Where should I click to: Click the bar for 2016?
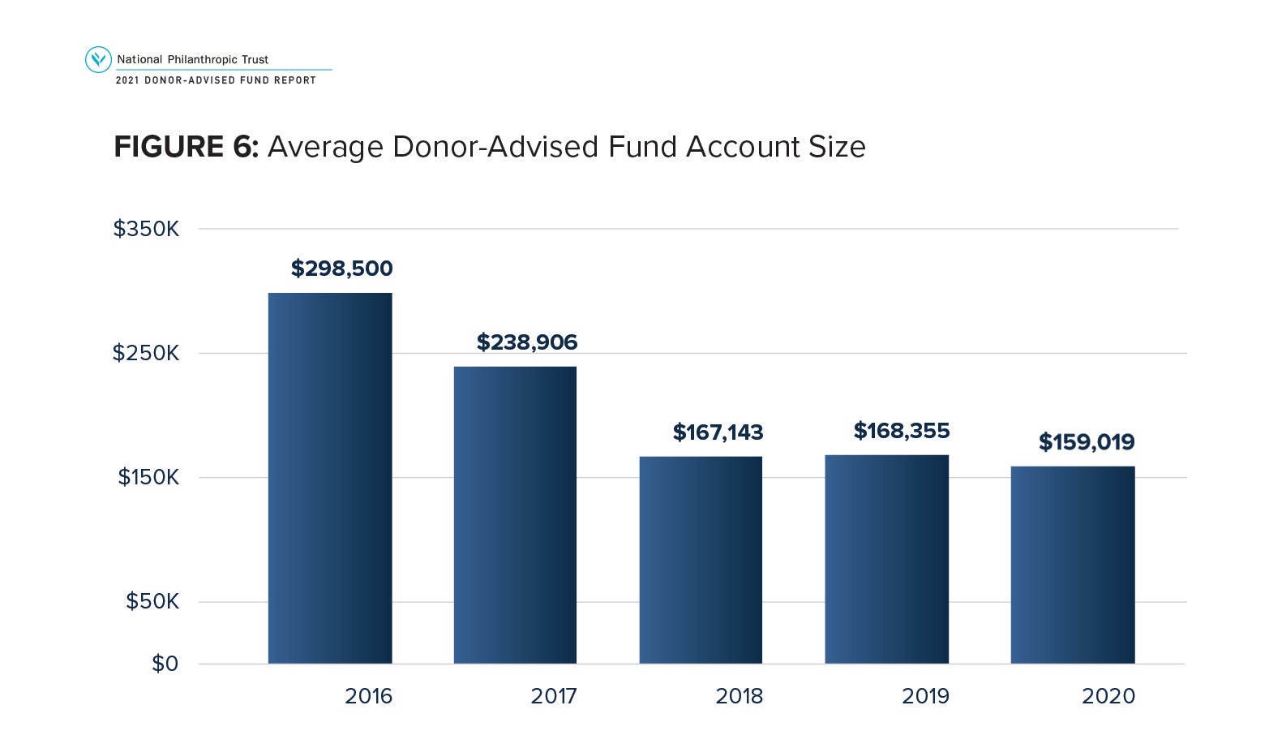(x=330, y=478)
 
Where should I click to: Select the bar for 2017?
(x=515, y=515)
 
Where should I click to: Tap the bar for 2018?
(x=701, y=560)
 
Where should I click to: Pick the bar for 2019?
(x=886, y=559)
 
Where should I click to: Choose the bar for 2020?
(x=1072, y=565)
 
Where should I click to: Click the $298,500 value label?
(x=341, y=269)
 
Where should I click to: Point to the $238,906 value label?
(x=527, y=342)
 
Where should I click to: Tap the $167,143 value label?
(x=718, y=432)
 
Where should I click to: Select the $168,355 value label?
(x=901, y=431)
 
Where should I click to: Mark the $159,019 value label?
(x=1087, y=442)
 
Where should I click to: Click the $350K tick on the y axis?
(x=146, y=229)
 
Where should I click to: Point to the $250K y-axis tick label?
(x=146, y=353)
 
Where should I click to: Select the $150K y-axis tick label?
(x=148, y=477)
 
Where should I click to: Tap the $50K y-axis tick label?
(x=152, y=601)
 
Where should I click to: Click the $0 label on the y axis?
(x=165, y=664)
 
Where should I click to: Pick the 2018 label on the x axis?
(x=739, y=696)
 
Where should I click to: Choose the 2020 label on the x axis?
(x=1108, y=696)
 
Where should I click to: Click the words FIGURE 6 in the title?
(x=186, y=147)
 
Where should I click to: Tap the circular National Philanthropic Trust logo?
(x=98, y=59)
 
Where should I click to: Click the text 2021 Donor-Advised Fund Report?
(x=216, y=80)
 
